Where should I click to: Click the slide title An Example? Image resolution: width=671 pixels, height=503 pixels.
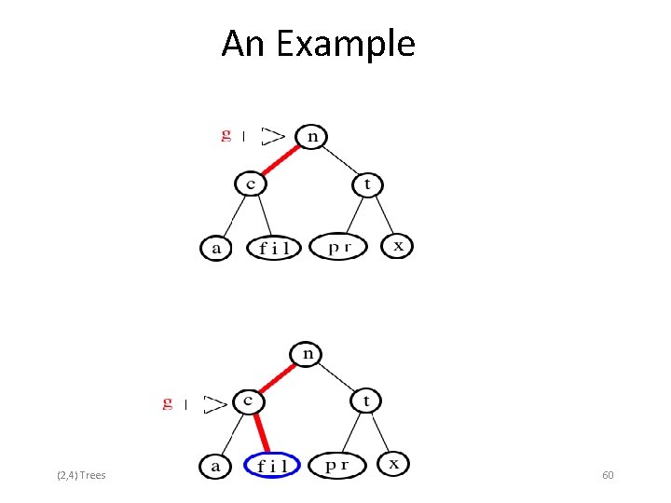[x=318, y=44]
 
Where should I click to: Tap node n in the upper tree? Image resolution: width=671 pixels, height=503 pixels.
[x=311, y=136]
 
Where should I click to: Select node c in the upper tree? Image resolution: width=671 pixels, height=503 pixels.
[x=250, y=184]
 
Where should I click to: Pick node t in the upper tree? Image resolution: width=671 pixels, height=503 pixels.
[x=367, y=184]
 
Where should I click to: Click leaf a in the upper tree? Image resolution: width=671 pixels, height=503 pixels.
[x=216, y=248]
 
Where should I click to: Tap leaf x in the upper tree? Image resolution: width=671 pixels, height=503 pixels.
[x=398, y=246]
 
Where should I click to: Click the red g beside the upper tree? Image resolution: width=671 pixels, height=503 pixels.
[x=226, y=135]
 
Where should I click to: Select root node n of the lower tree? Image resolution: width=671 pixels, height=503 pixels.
[x=307, y=354]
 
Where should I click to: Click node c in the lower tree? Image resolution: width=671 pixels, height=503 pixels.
[x=248, y=401]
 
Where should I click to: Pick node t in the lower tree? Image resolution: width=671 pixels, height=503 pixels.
[x=365, y=401]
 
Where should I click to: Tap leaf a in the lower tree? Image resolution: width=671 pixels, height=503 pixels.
[x=215, y=464]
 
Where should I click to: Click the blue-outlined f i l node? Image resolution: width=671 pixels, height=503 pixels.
[x=272, y=464]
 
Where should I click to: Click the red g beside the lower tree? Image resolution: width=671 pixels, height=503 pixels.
[x=167, y=402]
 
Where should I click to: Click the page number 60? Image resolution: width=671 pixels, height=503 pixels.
[x=608, y=476]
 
